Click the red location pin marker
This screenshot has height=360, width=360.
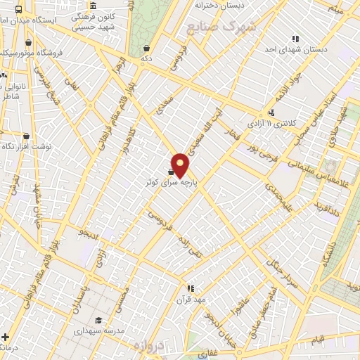pyautogui.click(x=180, y=165)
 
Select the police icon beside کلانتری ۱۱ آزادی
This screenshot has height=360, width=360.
pyautogui.click(x=271, y=113)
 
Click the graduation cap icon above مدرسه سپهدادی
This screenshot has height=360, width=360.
pyautogui.click(x=98, y=321)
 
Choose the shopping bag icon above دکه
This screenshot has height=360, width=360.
pyautogui.click(x=146, y=49)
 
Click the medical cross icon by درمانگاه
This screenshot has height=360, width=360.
pyautogui.click(x=6, y=337)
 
